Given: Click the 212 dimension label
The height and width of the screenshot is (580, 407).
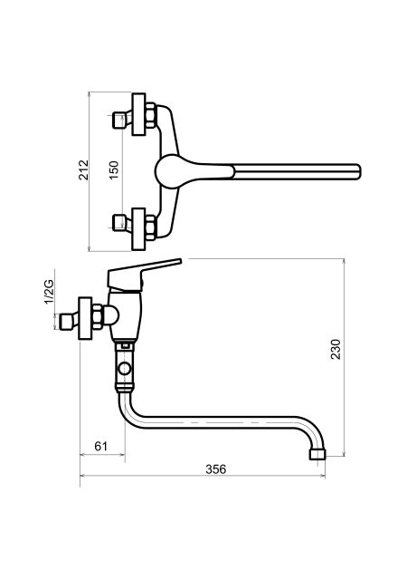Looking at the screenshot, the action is (84, 169).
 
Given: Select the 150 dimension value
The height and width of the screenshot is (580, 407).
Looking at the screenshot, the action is (114, 170).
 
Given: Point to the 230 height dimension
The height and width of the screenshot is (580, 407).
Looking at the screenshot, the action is (336, 349).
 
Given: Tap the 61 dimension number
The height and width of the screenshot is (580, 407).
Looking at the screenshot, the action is (100, 446).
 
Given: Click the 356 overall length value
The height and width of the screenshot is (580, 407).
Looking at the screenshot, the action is (215, 469).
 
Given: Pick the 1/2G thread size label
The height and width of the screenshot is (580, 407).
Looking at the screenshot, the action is (49, 292).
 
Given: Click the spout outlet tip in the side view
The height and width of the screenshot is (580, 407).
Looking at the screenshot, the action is (317, 455).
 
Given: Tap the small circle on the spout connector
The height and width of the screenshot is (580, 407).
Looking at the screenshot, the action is (124, 369).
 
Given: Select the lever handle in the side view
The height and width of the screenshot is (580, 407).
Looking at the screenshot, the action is (144, 275).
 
